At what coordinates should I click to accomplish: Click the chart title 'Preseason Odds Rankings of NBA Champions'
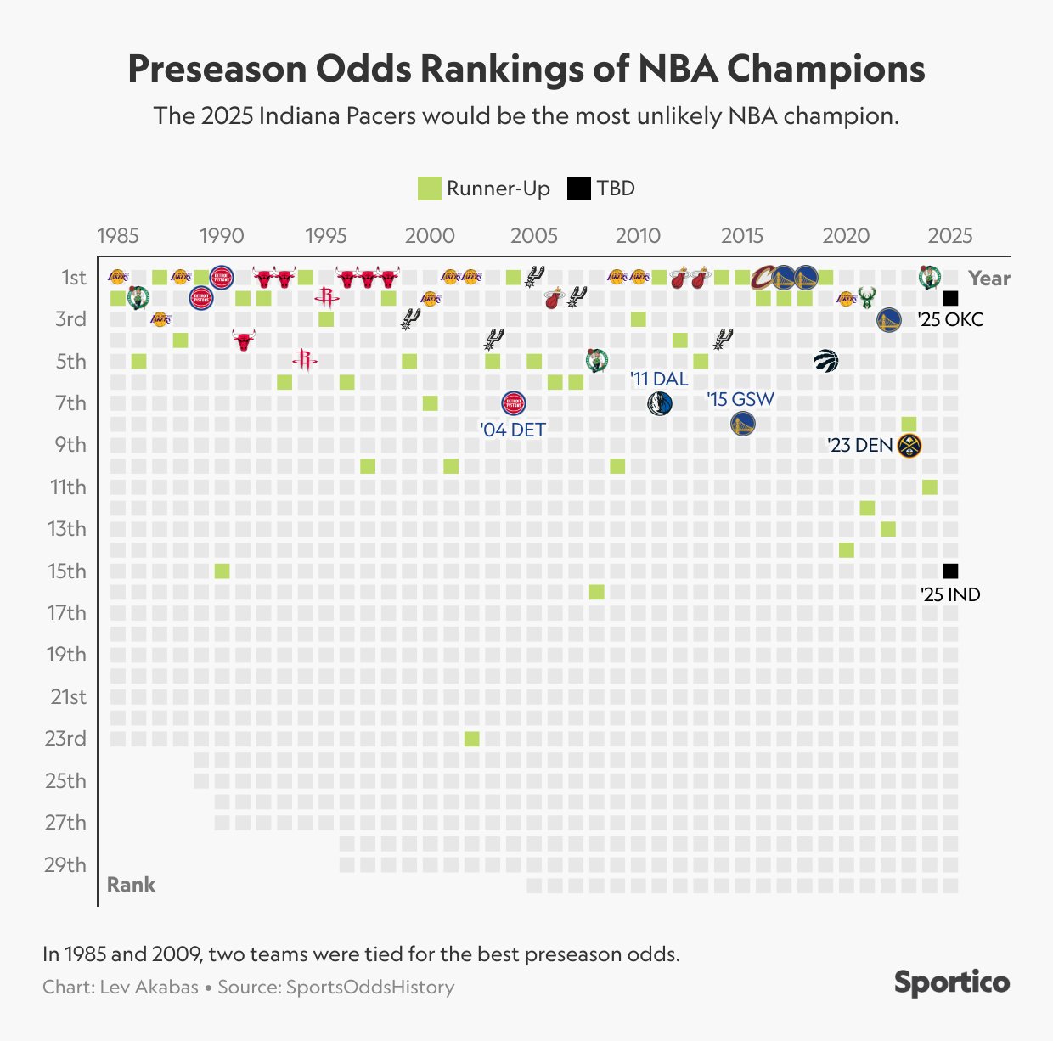click(526, 69)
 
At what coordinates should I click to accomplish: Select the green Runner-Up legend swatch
click(430, 189)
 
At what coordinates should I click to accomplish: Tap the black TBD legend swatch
click(578, 189)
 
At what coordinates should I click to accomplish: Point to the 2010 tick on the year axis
click(638, 235)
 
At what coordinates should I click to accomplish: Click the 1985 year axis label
click(117, 235)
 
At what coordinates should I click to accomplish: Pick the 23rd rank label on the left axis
click(66, 739)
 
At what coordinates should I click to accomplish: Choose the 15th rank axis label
click(66, 571)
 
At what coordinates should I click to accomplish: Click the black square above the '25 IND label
click(950, 571)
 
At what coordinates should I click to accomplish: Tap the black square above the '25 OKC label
click(950, 298)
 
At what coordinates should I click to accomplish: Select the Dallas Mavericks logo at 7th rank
click(659, 403)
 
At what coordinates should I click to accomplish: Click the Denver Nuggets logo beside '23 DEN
click(909, 445)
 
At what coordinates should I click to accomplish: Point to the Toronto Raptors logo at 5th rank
click(825, 361)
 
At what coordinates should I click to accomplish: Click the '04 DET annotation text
click(513, 430)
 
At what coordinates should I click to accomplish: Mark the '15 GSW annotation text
click(740, 399)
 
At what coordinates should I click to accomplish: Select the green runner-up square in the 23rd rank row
click(471, 739)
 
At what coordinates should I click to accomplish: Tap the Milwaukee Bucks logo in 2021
click(867, 298)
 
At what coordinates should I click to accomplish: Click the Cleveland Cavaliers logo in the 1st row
click(763, 277)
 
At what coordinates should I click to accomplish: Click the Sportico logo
click(951, 982)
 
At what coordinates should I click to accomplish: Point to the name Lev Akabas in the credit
click(149, 987)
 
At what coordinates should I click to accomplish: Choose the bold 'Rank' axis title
click(131, 885)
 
